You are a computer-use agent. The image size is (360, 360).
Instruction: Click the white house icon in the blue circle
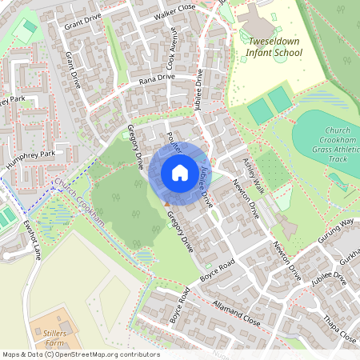(x=179, y=173)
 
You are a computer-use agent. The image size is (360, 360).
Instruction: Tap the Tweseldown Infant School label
(x=275, y=46)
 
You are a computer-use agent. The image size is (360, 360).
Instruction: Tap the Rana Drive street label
(x=156, y=78)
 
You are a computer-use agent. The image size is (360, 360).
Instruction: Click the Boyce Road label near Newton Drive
(x=218, y=272)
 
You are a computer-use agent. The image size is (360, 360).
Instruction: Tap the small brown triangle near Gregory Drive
(x=166, y=203)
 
